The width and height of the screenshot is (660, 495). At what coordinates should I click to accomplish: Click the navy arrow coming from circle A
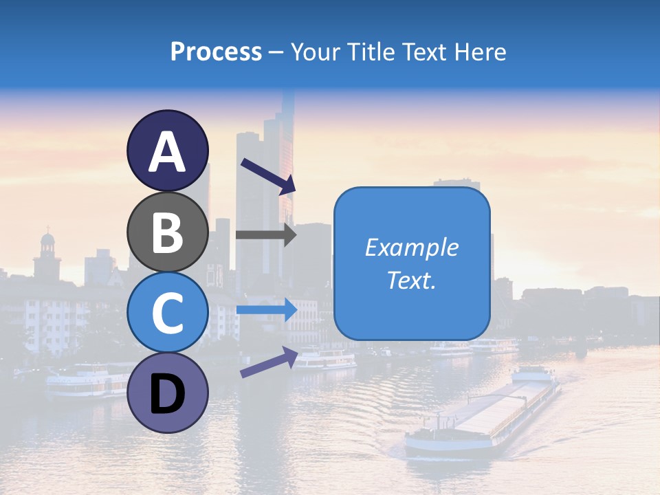(267, 176)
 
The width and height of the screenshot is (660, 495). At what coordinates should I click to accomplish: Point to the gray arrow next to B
(265, 234)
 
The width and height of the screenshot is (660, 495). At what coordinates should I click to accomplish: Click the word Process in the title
(216, 52)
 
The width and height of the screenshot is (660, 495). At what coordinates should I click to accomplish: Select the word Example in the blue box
(411, 247)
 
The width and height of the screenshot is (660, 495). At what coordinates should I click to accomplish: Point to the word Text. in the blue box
(411, 280)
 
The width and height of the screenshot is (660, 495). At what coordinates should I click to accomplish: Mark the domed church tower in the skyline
(47, 254)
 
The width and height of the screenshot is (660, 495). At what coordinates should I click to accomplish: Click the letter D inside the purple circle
(168, 396)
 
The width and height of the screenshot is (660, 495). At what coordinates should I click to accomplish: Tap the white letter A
(168, 153)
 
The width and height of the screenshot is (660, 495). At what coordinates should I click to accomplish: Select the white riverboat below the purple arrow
(326, 359)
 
